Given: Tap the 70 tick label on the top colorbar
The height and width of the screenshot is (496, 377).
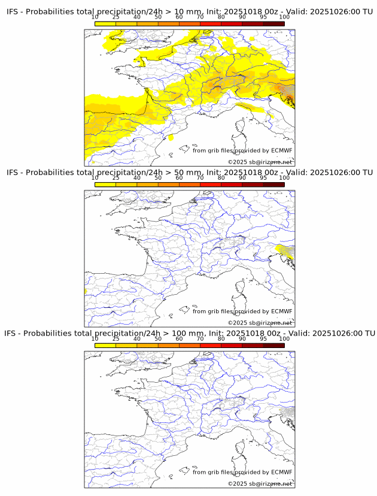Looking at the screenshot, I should pos(200,17).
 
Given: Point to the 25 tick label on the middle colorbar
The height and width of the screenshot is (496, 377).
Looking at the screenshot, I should pos(115,178).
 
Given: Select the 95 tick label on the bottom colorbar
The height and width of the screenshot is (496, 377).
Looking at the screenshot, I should pos(263,338).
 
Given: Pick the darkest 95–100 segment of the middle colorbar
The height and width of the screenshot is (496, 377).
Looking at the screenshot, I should pos(273,184).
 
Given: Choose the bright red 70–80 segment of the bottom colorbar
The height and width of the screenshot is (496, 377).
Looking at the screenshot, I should pos(210,345).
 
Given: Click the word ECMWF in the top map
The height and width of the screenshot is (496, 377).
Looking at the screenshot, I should pos(281,150).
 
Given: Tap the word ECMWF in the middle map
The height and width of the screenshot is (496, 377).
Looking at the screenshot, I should pos(281,311).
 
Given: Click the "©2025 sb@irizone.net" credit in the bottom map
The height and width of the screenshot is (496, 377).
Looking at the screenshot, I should pos(260,483).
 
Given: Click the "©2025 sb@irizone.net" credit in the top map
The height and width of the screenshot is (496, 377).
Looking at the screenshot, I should pos(260,162).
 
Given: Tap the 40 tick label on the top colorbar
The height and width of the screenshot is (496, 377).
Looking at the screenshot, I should pos(137,17).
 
